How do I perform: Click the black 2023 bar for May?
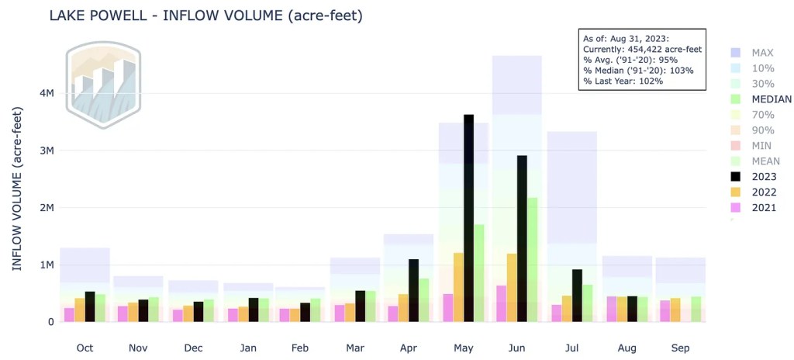pos(468,217)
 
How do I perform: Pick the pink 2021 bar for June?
pos(501,303)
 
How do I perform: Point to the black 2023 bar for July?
pos(577,295)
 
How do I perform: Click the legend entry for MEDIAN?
pos(761,99)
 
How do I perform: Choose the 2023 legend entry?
pos(758,177)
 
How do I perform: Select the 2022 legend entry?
pos(758,192)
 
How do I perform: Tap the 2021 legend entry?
pos(758,208)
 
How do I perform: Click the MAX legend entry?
pos(756,53)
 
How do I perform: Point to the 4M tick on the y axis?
pos(46,93)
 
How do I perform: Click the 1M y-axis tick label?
pos(46,265)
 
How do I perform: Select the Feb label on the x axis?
pos(300,348)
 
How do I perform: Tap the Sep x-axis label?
pos(679,348)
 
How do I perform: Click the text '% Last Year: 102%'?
pos(623,81)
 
